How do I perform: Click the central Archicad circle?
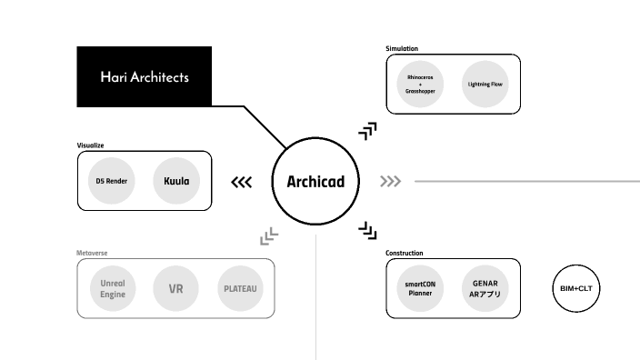coord(315,181)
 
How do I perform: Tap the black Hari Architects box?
coord(145,77)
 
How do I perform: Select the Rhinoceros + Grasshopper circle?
coord(421,84)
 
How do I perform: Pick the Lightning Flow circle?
coord(485,84)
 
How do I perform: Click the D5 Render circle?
coord(112,181)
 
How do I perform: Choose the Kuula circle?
coord(176,181)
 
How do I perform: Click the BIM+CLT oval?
coord(577,289)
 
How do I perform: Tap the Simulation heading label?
coord(402,48)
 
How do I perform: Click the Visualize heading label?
coord(91,145)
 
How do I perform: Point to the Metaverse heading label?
coord(93,253)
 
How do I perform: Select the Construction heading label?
coord(405,253)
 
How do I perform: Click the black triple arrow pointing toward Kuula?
coord(241,182)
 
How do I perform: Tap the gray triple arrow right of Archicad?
coord(391,182)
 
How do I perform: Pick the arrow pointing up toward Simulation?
coord(367,130)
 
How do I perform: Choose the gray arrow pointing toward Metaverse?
coord(268,237)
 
